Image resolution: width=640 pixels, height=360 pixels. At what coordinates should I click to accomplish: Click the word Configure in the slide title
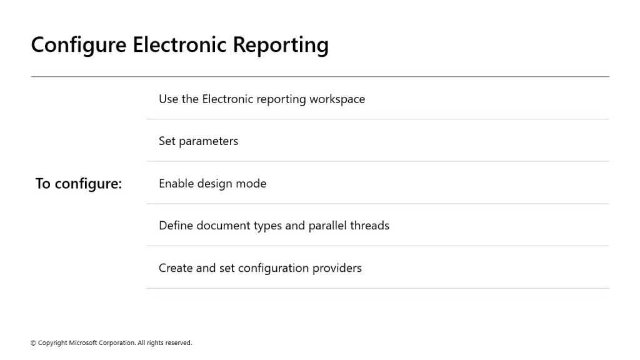[x=79, y=45]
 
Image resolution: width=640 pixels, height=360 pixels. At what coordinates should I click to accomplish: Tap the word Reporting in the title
[x=281, y=45]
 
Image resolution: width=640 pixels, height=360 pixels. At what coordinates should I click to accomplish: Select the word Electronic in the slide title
[x=179, y=44]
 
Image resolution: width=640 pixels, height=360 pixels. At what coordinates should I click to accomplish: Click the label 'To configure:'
[x=79, y=184]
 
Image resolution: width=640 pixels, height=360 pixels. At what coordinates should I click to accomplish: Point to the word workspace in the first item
[x=337, y=99]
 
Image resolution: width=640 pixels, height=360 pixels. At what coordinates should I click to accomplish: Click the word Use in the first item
[x=167, y=99]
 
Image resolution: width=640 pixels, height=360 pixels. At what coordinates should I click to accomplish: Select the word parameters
[x=209, y=142]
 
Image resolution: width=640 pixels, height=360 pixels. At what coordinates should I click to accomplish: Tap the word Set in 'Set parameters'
[x=167, y=141]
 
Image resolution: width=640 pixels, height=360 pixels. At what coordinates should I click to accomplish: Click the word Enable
[x=176, y=183]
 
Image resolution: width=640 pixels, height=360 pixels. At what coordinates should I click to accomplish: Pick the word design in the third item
[x=215, y=184]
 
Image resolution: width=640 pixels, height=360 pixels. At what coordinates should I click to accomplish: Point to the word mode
[x=251, y=183]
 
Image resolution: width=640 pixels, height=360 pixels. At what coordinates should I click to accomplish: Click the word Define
[x=176, y=225]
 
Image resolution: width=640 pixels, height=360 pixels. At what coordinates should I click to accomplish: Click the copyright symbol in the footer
[x=34, y=343]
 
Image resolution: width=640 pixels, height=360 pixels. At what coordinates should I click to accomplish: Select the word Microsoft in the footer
[x=83, y=343]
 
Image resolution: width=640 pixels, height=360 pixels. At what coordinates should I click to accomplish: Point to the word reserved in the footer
[x=178, y=343]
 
